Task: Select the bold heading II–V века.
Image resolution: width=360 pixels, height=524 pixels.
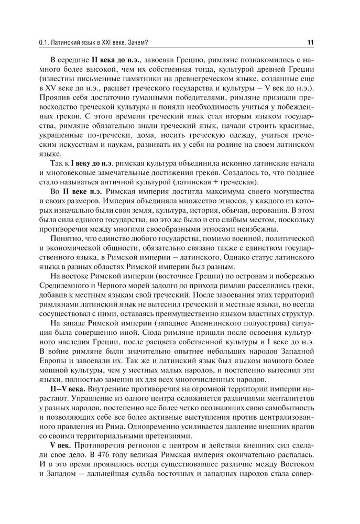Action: click(69, 389)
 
